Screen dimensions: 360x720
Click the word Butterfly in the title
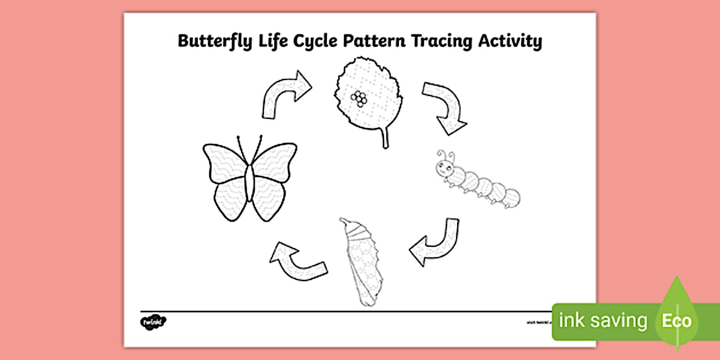pos(211,41)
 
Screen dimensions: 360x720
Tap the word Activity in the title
pos(511,41)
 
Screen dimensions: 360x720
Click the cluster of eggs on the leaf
pos(359,98)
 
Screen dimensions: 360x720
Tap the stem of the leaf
pos(385,139)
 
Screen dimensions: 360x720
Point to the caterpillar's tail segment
pos(511,198)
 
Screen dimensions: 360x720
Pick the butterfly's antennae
pos(250,147)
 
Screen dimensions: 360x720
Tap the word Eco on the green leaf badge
pos(677,321)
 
